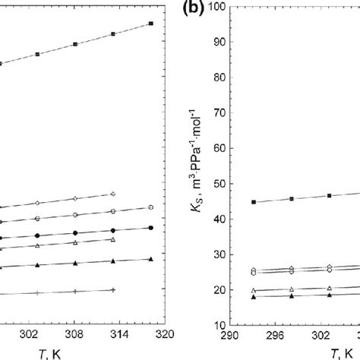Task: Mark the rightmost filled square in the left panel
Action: (151, 24)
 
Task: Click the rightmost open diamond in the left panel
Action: (113, 194)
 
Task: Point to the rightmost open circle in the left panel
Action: (151, 207)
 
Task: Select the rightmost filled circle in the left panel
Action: (151, 228)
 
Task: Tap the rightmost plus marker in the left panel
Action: (113, 289)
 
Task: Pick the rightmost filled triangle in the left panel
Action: (151, 259)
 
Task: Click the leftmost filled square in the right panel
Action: (254, 202)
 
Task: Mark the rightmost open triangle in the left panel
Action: (113, 240)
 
